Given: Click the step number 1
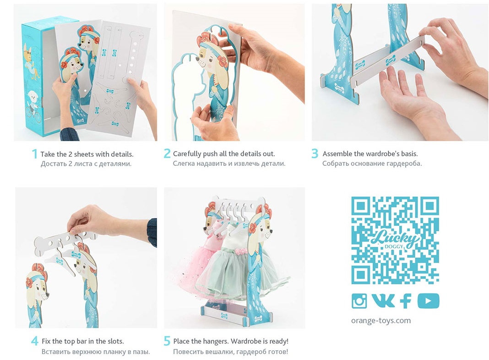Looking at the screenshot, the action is (x=35, y=154).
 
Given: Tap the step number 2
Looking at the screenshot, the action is (x=167, y=153).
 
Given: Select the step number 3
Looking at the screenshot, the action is (x=315, y=153).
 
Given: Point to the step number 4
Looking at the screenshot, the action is (x=35, y=341).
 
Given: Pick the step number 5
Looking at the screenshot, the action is (x=167, y=341).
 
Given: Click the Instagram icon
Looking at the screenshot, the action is (x=359, y=301).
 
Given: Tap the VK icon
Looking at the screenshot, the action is (x=383, y=301).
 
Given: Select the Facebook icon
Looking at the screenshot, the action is (x=406, y=301).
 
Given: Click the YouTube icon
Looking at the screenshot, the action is (x=429, y=301).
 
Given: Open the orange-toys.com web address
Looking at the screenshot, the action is (x=381, y=320).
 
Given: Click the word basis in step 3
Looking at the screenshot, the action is (x=408, y=154).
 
